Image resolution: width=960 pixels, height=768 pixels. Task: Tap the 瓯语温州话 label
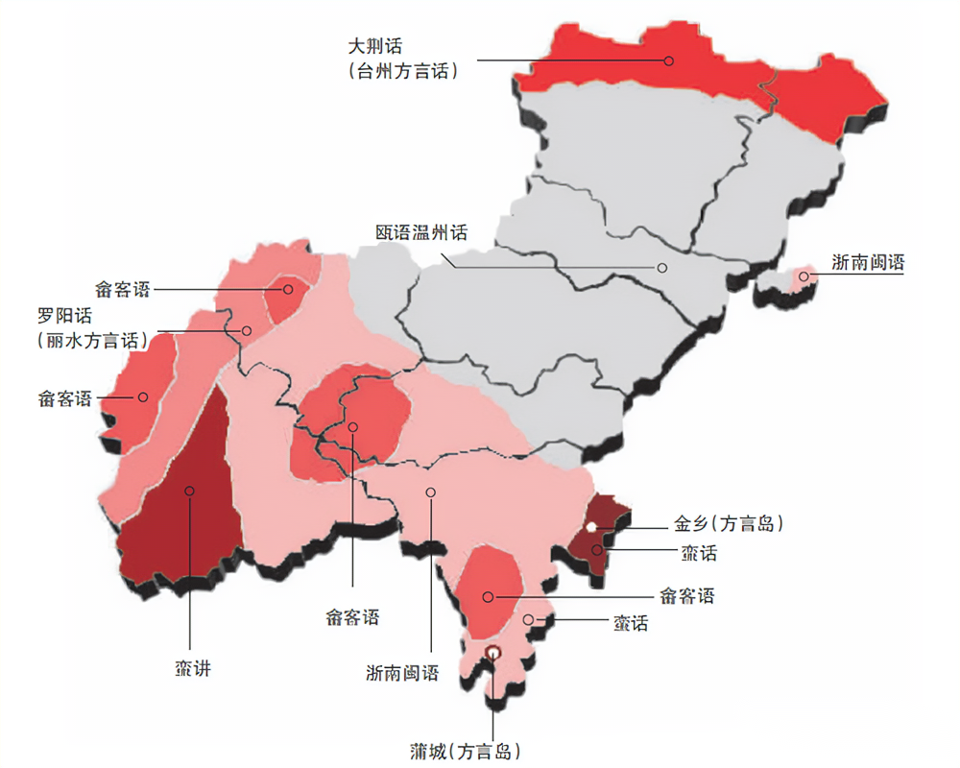tap(421, 232)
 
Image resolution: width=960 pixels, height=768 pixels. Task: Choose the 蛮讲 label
tap(192, 668)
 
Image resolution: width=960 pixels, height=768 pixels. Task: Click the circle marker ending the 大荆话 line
tap(668, 60)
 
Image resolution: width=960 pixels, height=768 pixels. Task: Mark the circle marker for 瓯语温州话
tap(661, 267)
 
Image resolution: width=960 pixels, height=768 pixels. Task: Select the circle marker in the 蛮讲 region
tap(190, 491)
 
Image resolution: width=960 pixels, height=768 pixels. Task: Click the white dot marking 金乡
tap(592, 526)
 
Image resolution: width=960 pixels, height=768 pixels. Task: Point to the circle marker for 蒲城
tap(492, 653)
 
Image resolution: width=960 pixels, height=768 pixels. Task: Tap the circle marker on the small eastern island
tap(804, 277)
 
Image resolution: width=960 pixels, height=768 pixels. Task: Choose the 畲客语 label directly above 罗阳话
tap(122, 288)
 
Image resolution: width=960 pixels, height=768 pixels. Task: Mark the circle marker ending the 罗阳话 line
tap(247, 331)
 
